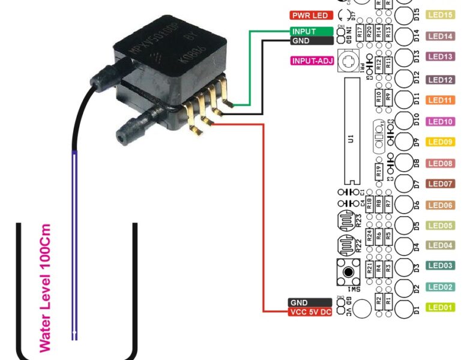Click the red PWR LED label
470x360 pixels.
coord(311,15)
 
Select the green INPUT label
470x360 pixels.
coord(312,31)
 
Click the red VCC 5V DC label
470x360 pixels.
coord(310,312)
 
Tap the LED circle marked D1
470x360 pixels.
coord(405,308)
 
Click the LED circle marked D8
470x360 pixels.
coord(405,163)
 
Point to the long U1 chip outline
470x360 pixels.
coord(351,131)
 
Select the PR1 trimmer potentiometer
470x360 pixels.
coord(348,61)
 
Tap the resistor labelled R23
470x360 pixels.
coord(346,220)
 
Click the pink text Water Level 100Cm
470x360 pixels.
coord(45,288)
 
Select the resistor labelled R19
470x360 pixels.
coord(379,170)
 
